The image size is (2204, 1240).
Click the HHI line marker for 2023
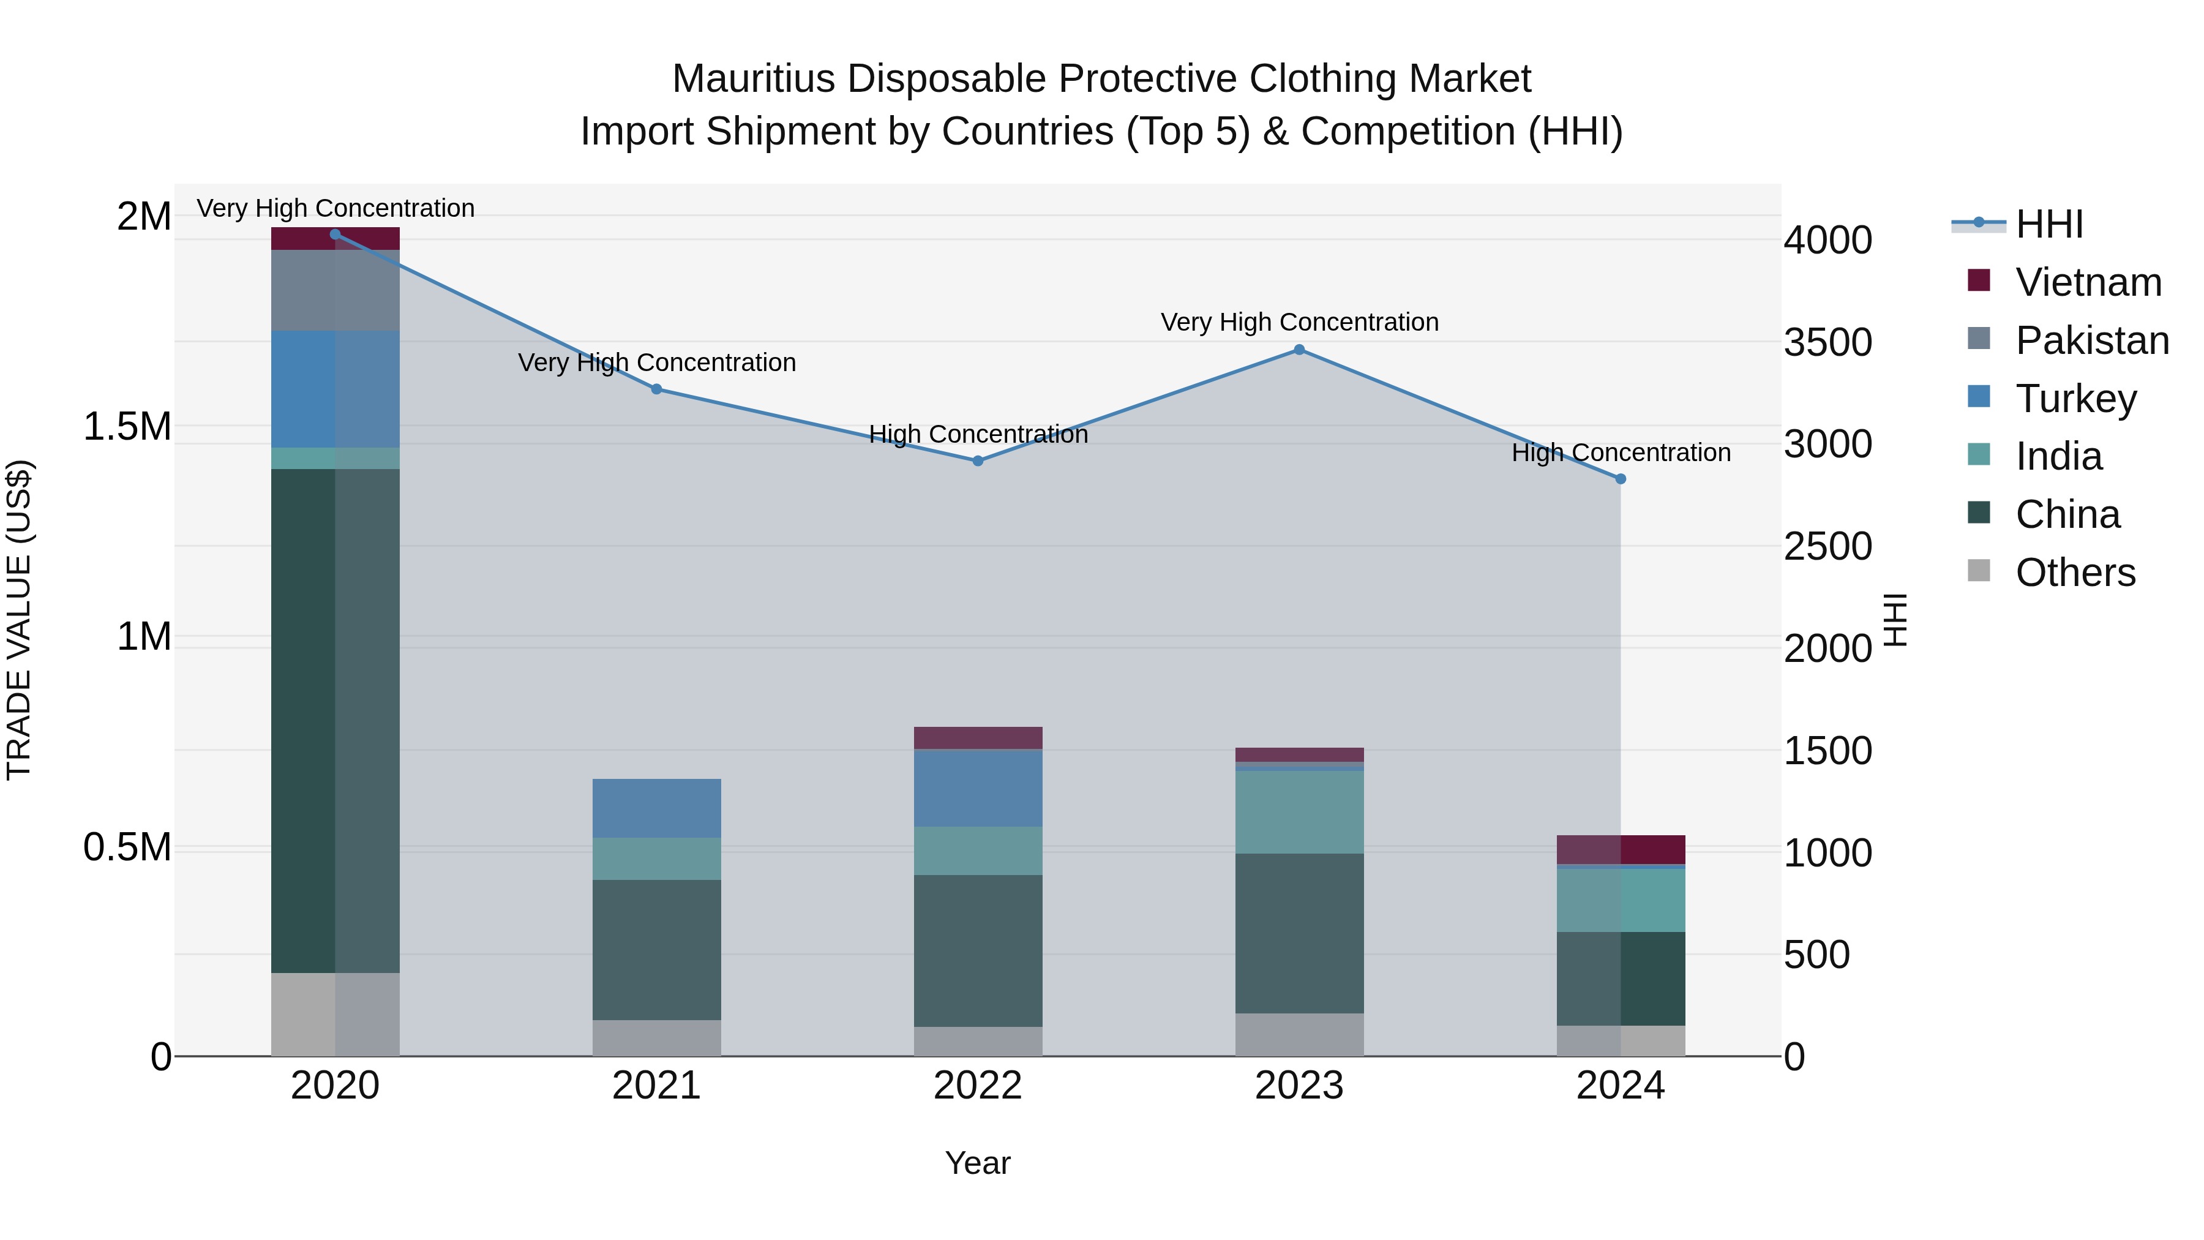click(x=1299, y=349)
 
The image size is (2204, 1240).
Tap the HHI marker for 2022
click(x=978, y=460)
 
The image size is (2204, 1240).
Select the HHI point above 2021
click(x=656, y=388)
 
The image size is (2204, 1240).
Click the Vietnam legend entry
click(x=2088, y=282)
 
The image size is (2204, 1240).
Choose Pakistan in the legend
click(x=2091, y=340)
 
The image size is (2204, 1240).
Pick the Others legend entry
click(x=2075, y=573)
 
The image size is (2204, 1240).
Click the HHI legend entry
click(x=2048, y=224)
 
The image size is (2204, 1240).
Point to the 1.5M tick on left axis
click(x=127, y=426)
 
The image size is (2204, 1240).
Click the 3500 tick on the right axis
click(x=1827, y=342)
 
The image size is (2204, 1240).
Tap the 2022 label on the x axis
click(x=978, y=1085)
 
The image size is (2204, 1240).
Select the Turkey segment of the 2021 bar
click(x=656, y=808)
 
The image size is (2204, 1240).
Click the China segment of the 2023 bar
click(x=1299, y=933)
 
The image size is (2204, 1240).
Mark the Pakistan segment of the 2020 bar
click(x=335, y=290)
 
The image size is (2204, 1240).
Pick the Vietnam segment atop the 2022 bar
click(x=978, y=738)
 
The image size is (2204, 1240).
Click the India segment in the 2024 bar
click(x=1621, y=900)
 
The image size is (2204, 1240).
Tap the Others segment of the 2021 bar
click(x=656, y=1037)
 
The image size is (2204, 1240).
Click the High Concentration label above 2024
click(x=1621, y=452)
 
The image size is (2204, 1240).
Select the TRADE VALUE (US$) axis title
click(x=19, y=620)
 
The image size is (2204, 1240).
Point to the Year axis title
click(x=978, y=1163)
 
